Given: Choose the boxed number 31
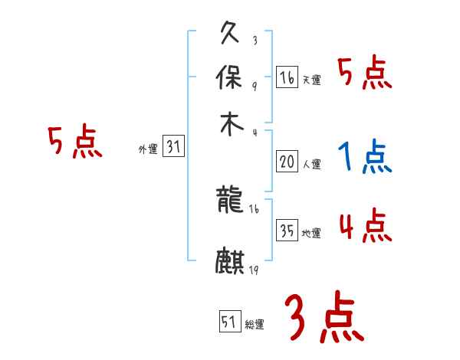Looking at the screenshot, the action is (173, 146).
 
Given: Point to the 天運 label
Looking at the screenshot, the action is (311, 80).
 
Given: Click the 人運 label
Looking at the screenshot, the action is (311, 164).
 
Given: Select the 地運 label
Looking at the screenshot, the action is (311, 234).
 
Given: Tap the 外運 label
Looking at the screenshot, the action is (148, 149).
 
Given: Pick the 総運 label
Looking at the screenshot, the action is (255, 324).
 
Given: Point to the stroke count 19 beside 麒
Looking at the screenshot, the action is (254, 270).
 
